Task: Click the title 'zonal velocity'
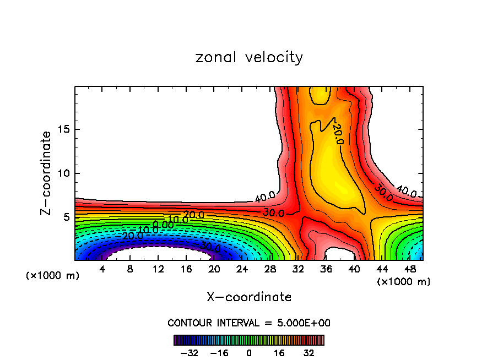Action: [249, 57]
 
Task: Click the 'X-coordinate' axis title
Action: [249, 297]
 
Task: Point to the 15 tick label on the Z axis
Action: [62, 130]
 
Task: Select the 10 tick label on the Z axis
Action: [62, 173]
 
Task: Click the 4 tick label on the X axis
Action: [102, 269]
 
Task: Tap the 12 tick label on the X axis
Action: [158, 269]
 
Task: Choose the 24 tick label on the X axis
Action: [242, 269]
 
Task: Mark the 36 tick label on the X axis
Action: [326, 269]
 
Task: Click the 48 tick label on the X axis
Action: [409, 269]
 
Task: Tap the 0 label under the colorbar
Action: [249, 353]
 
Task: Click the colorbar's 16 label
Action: [279, 353]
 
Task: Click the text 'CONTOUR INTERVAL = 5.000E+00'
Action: [249, 323]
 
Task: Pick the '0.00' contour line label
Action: [164, 225]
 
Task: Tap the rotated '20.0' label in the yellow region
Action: [338, 134]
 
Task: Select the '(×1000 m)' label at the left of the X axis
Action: [53, 276]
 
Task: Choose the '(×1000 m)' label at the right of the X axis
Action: [403, 282]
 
